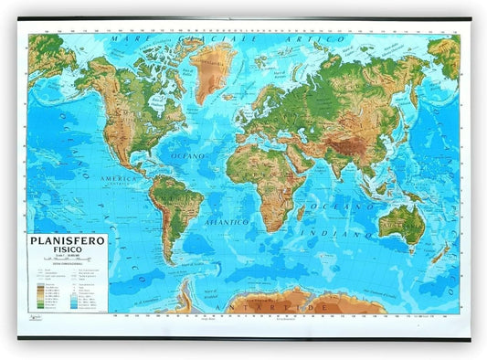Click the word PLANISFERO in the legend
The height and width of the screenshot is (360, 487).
67,242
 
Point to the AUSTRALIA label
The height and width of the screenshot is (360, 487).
402,219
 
